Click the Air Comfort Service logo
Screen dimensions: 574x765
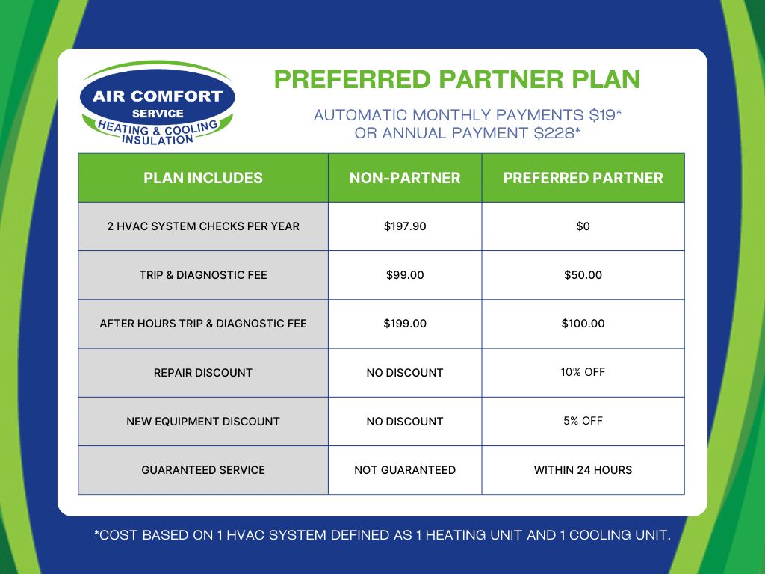coord(157,103)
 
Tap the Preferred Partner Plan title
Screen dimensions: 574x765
coord(457,79)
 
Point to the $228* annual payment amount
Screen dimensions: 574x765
coord(554,133)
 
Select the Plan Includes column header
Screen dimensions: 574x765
coord(203,178)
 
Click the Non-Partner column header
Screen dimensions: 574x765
coord(405,178)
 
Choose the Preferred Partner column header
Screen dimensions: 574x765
coord(583,178)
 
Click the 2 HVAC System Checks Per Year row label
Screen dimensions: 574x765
coord(203,226)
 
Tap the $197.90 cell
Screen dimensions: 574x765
coord(405,226)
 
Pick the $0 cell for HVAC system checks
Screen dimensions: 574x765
coord(583,226)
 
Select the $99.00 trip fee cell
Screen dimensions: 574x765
coord(405,275)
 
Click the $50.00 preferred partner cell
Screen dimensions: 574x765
coord(583,275)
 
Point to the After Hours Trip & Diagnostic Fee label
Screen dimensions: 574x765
coord(203,324)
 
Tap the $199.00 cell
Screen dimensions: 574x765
coord(405,324)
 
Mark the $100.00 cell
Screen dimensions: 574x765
coord(583,324)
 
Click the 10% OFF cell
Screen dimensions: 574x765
coord(583,372)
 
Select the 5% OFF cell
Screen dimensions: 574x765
coord(583,421)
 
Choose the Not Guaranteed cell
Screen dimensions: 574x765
coord(405,470)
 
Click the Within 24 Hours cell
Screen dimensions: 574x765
coord(583,470)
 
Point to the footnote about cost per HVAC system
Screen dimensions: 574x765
coord(382,535)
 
